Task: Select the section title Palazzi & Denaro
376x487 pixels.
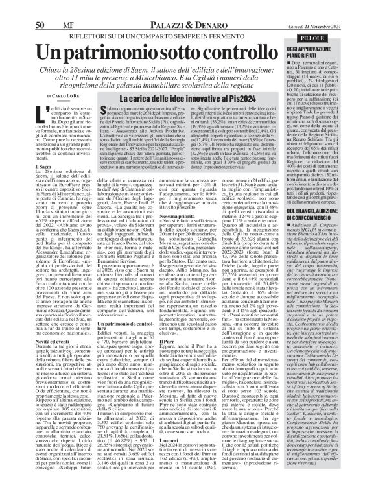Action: [x=165, y=8]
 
